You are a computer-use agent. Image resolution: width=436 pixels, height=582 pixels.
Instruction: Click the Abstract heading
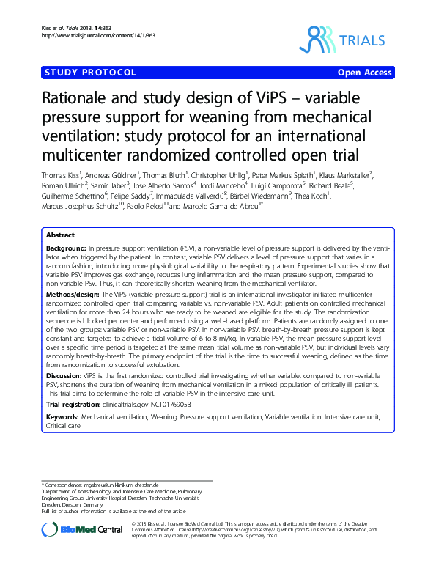point(60,235)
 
